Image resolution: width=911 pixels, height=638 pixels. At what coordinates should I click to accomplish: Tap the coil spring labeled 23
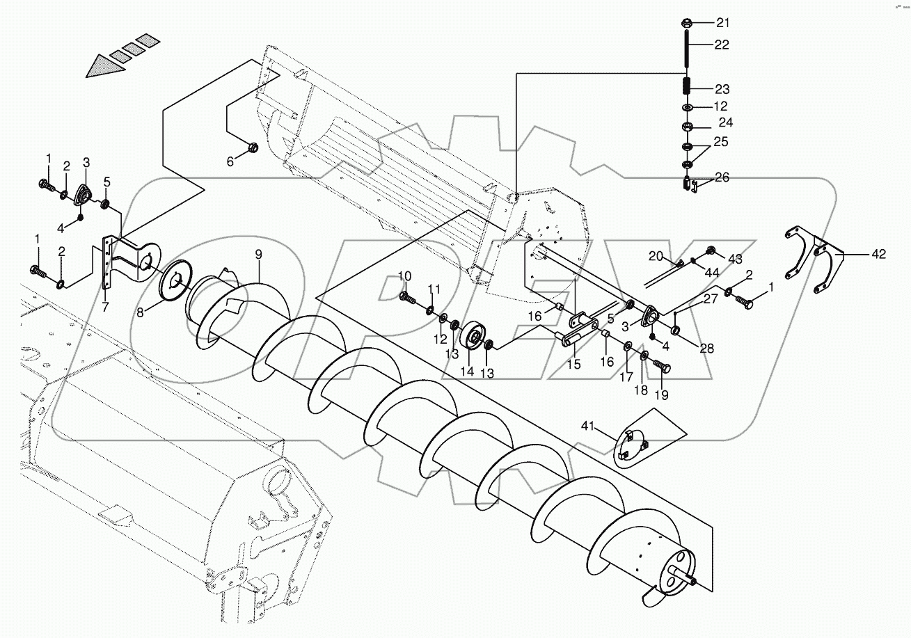coord(686,88)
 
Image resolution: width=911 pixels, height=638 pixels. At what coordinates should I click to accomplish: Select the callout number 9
coord(258,255)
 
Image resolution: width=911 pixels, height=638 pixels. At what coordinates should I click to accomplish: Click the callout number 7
coord(104,307)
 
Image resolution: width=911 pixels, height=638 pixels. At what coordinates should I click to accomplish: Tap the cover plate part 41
coord(633,445)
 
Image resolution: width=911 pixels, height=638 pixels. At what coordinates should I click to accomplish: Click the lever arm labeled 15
coord(578,330)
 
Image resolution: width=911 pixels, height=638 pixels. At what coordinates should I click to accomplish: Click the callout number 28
coord(707,349)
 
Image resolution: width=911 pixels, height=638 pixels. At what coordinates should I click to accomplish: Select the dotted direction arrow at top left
coord(118,54)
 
